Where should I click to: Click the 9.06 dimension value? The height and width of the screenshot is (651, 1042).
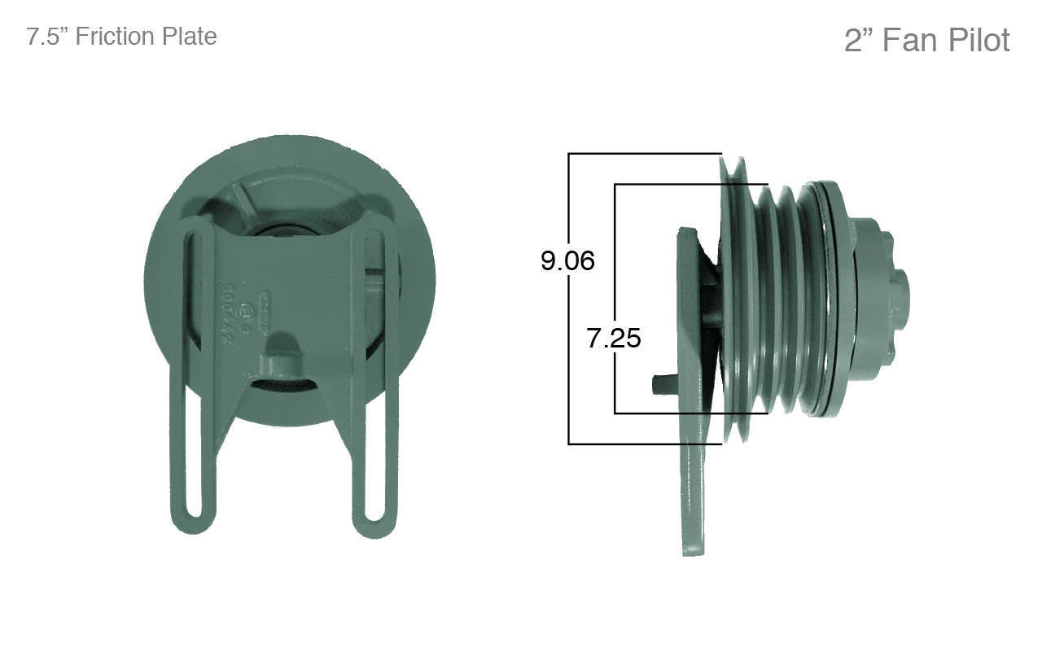click(567, 260)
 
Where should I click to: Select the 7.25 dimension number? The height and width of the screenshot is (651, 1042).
click(614, 338)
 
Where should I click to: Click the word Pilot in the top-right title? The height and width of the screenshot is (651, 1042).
click(974, 40)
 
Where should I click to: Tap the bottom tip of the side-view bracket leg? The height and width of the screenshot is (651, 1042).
click(693, 549)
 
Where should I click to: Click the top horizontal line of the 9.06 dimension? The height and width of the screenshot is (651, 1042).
click(643, 153)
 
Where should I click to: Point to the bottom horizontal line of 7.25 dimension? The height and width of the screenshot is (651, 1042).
click(692, 413)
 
